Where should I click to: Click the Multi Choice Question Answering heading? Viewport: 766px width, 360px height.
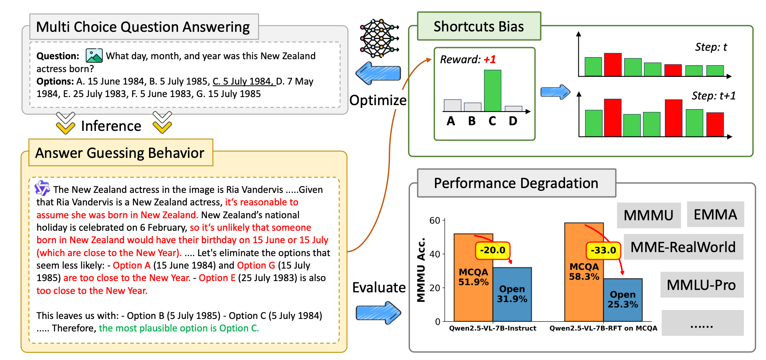[143, 27]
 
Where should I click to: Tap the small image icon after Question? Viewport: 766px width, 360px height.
[94, 56]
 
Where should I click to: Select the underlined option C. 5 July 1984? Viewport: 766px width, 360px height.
[243, 81]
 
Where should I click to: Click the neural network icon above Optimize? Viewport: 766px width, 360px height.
[379, 38]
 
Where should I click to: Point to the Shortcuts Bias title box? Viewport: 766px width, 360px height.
[478, 27]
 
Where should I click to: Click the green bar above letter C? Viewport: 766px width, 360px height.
[492, 91]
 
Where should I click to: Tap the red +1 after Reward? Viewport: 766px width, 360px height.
[490, 60]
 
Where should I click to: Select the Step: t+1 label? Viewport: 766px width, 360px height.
[713, 96]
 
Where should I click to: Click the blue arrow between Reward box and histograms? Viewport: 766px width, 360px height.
[555, 92]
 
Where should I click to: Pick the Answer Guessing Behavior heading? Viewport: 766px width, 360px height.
[120, 153]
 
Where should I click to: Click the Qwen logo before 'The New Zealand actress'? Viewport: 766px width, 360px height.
[42, 188]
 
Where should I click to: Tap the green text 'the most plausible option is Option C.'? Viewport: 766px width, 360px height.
[179, 328]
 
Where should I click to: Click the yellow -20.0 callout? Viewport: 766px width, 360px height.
[493, 250]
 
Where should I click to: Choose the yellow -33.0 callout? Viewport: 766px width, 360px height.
[603, 250]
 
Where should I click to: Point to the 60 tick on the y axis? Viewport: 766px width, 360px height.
[435, 220]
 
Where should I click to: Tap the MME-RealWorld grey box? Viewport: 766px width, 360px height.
[683, 247]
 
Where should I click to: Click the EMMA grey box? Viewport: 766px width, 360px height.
[715, 215]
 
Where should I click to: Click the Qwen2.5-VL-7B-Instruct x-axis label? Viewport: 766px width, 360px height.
[493, 328]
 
